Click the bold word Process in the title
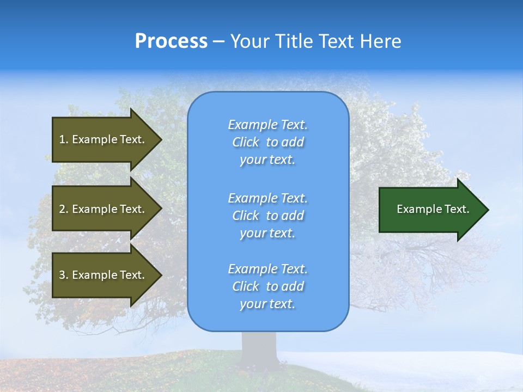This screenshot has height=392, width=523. click(171, 41)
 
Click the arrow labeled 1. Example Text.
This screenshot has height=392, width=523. click(104, 139)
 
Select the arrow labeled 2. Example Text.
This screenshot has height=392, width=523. click(104, 209)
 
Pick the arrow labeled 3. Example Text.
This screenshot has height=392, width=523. click(104, 275)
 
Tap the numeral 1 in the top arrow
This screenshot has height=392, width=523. click(62, 139)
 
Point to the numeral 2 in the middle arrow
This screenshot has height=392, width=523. click(62, 209)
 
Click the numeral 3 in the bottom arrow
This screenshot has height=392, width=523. click(62, 275)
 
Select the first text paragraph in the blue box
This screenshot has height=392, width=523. click(267, 142)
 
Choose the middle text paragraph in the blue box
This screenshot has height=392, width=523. click(267, 216)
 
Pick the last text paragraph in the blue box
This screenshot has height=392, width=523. click(267, 286)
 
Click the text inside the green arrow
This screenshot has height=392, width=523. click(433, 209)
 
